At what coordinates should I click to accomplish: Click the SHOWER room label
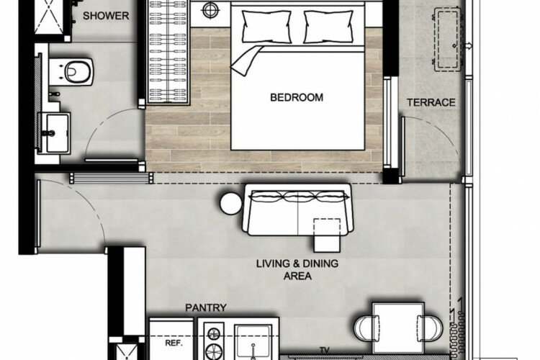coord(106,16)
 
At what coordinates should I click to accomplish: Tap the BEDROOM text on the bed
coord(297,97)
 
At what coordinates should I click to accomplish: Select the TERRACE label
coord(431,102)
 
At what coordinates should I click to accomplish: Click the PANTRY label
coord(206,307)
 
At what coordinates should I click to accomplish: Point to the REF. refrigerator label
coord(174,343)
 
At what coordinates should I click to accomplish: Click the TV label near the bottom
coord(325,351)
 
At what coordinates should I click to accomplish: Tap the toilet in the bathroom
coord(71,72)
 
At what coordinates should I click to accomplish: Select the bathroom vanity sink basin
coord(57,133)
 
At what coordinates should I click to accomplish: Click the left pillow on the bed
coord(266,27)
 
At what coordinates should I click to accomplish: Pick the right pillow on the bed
coord(328,27)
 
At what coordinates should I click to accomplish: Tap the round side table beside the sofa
coord(230,204)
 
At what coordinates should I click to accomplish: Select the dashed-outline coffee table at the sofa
coord(327,235)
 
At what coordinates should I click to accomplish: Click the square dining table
coord(398,328)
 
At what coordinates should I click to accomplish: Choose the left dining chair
coord(367,328)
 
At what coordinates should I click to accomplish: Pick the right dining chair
coord(430,328)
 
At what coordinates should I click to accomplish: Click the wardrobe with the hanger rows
coord(168,52)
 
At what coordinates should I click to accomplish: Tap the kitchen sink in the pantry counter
coord(253,343)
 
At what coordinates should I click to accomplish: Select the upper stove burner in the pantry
coord(214,333)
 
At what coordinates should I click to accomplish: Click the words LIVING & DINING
coord(297,264)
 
